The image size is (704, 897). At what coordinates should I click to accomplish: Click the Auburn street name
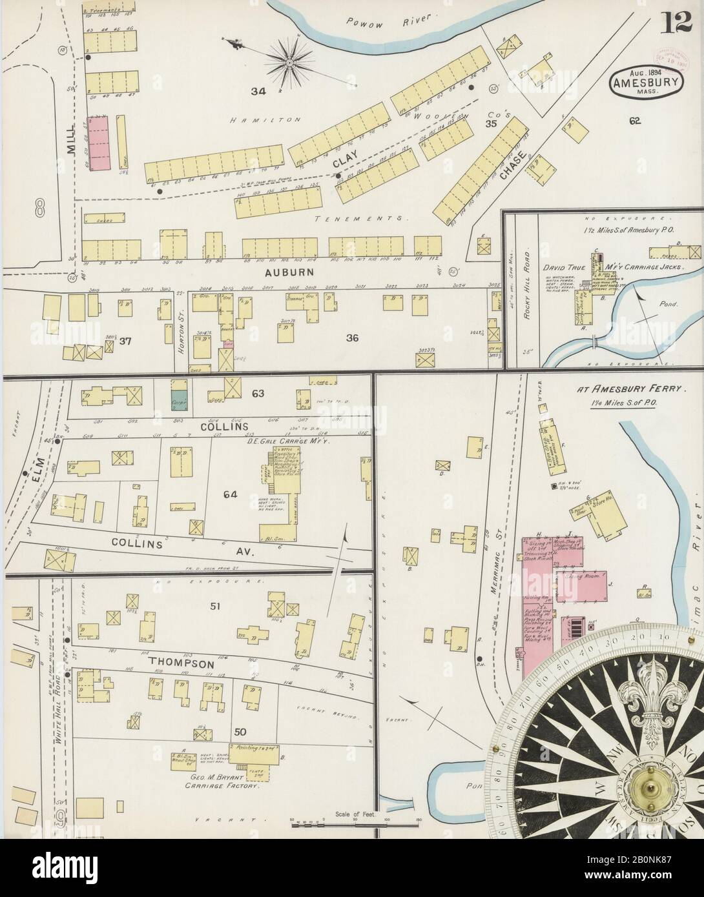pyautogui.click(x=289, y=273)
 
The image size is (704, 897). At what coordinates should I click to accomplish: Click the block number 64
pyautogui.click(x=231, y=495)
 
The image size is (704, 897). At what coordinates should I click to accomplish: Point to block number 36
pyautogui.click(x=352, y=337)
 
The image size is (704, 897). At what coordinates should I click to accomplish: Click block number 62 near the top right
pyautogui.click(x=636, y=119)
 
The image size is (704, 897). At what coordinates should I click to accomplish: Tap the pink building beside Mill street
pyautogui.click(x=100, y=143)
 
